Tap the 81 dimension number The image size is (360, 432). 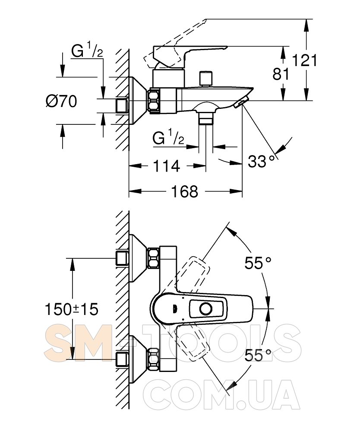point(281,74)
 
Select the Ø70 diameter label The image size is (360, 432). point(61,102)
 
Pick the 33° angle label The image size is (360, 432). point(262,162)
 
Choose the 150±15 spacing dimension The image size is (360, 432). point(72,309)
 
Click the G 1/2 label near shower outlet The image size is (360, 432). point(168,138)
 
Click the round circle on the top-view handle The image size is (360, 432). point(206,309)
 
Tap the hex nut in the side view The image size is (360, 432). point(154,102)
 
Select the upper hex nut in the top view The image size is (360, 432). point(154,258)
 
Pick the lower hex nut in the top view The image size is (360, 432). point(154,359)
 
